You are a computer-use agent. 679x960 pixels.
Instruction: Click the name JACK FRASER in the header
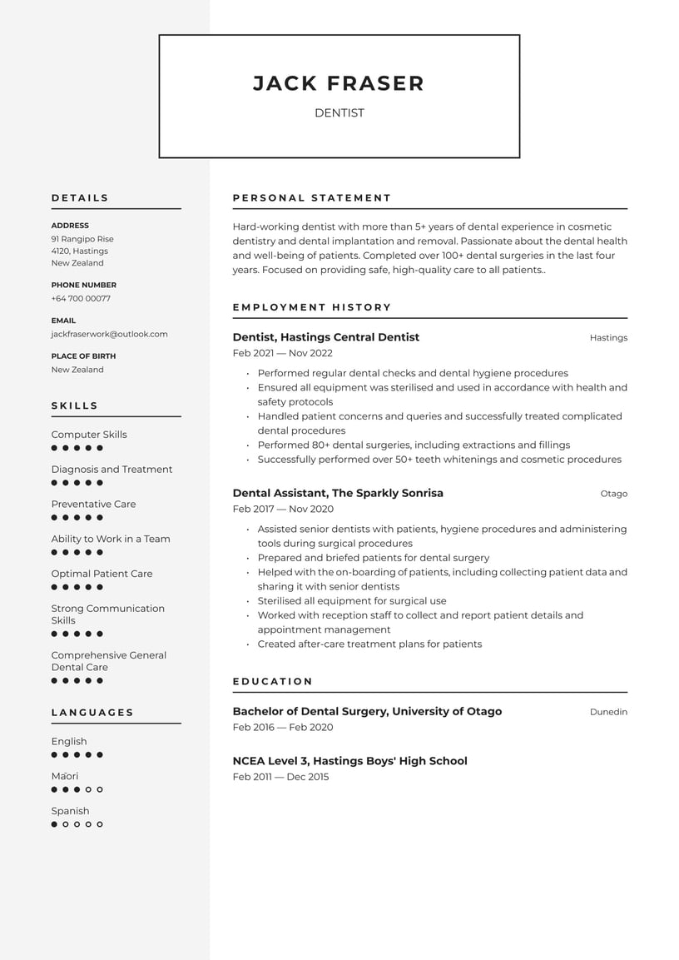pyautogui.click(x=339, y=83)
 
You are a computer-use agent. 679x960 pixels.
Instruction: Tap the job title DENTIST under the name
pyautogui.click(x=339, y=113)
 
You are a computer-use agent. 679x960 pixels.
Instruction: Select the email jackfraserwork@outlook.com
pyautogui.click(x=109, y=334)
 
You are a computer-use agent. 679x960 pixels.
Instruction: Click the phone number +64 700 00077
pyautogui.click(x=81, y=298)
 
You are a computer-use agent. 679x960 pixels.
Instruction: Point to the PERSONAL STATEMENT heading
pyautogui.click(x=311, y=198)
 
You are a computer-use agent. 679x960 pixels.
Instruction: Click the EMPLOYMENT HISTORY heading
pyautogui.click(x=311, y=307)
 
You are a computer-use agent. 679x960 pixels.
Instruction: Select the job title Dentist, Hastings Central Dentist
pyautogui.click(x=325, y=337)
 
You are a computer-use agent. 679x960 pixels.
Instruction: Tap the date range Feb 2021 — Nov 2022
pyautogui.click(x=282, y=353)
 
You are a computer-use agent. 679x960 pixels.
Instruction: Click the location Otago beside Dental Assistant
pyautogui.click(x=613, y=494)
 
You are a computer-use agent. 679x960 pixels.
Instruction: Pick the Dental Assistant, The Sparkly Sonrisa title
pyautogui.click(x=337, y=493)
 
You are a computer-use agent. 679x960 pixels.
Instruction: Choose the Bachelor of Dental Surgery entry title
pyautogui.click(x=367, y=711)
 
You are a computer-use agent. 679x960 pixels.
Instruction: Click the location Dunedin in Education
pyautogui.click(x=608, y=712)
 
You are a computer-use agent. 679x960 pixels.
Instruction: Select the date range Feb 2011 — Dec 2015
pyautogui.click(x=280, y=777)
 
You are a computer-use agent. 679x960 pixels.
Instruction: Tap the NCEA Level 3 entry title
pyautogui.click(x=349, y=761)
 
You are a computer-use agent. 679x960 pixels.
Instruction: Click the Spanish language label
pyautogui.click(x=70, y=811)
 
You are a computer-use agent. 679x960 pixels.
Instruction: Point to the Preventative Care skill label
pyautogui.click(x=93, y=504)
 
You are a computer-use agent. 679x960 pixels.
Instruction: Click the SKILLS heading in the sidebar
pyautogui.click(x=75, y=406)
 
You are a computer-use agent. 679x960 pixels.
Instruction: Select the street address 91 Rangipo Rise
pyautogui.click(x=82, y=239)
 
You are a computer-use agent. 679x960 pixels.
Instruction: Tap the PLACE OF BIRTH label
pyautogui.click(x=83, y=356)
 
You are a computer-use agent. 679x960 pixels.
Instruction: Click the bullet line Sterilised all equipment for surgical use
pyautogui.click(x=351, y=600)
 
